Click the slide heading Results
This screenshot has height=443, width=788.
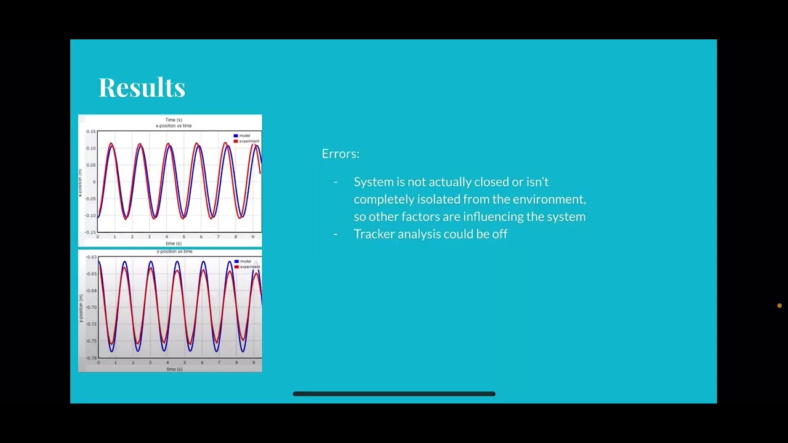coord(142,87)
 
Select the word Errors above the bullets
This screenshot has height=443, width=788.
coord(340,154)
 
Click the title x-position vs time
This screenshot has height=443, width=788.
coord(174,126)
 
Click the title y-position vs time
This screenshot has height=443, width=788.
coord(175,252)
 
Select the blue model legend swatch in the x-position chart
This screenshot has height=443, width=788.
coord(236,136)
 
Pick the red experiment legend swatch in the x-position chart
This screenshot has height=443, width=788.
coord(236,142)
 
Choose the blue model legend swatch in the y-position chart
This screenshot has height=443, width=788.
coord(236,261)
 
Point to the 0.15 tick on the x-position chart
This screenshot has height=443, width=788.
coord(91,132)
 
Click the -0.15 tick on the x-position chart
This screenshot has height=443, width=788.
coord(90,232)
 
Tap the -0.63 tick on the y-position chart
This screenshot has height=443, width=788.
coord(90,257)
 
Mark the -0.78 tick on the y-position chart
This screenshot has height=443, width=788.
coord(90,357)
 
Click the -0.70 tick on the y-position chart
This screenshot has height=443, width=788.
coord(90,307)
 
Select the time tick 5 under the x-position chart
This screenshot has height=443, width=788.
coord(183,237)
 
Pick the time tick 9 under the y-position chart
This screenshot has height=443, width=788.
coord(253,363)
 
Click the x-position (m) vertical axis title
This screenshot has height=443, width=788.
coord(80,182)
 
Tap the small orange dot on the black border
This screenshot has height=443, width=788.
coord(779,306)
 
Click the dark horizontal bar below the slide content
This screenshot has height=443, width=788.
coord(394,394)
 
